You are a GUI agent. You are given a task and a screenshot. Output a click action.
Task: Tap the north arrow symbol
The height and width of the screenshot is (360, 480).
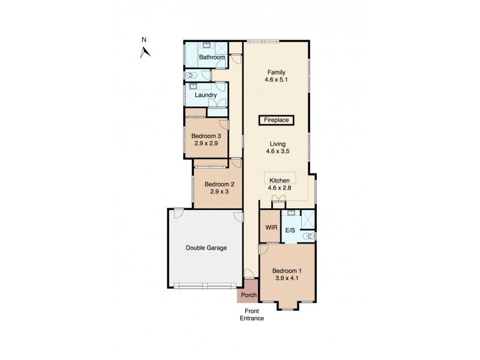click(x=145, y=52)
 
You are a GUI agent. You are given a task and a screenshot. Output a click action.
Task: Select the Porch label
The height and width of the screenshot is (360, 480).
click(x=248, y=295)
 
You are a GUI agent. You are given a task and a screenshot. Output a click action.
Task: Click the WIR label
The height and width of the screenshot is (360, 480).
click(x=270, y=228)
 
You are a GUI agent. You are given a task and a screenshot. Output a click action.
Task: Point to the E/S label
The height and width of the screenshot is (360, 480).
click(x=290, y=230)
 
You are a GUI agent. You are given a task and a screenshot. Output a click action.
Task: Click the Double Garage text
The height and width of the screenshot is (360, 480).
click(x=206, y=248)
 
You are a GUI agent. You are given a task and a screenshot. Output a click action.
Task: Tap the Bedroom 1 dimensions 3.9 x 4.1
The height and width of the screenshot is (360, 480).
click(x=287, y=278)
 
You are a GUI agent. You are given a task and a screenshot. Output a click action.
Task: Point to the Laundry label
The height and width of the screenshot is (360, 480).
click(x=205, y=95)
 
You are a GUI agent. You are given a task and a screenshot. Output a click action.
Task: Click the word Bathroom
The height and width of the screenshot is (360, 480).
click(x=212, y=58)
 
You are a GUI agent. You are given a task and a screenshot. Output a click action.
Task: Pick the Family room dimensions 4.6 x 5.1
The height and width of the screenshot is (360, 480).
click(x=277, y=80)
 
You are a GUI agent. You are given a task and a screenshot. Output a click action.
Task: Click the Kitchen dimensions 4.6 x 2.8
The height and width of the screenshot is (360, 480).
click(x=280, y=188)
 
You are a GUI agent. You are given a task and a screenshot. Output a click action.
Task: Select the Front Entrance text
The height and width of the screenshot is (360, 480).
click(x=253, y=314)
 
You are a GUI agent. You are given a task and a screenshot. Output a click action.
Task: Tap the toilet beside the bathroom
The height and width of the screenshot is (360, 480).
click(x=190, y=76)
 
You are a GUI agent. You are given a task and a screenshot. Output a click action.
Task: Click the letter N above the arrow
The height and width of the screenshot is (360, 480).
click(x=143, y=40)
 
